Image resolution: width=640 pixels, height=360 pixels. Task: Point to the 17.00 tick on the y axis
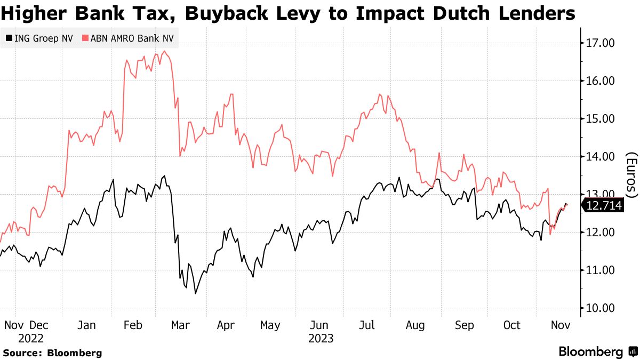coord(601,43)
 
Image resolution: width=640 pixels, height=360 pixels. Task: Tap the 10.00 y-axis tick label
coord(601,308)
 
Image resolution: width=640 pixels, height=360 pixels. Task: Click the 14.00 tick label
coord(601,157)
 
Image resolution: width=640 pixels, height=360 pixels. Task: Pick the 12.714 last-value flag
coord(604,205)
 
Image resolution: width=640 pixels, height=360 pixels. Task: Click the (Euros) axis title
coord(631,175)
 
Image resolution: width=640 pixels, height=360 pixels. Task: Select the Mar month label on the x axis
coord(180,325)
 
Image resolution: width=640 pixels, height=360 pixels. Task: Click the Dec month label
coord(38,325)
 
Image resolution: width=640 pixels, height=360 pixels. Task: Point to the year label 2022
coord(30,338)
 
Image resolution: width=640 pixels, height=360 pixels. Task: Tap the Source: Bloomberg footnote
coord(52,353)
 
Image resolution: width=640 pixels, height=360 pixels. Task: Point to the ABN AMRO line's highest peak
coord(164,51)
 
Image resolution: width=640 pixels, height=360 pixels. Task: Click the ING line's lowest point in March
coord(195,293)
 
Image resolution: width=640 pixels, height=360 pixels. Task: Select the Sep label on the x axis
coord(464,325)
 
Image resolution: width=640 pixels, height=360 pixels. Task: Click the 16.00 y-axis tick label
coord(601,81)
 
